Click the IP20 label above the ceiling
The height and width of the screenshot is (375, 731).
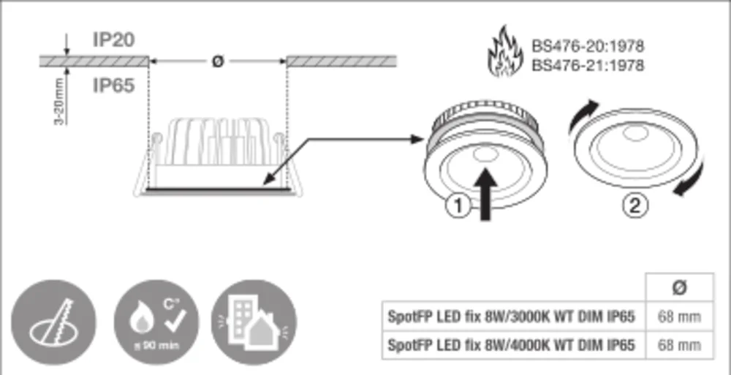coord(113,39)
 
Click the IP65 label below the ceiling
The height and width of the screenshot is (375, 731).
coord(113,86)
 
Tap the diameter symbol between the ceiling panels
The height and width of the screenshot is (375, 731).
coord(217,61)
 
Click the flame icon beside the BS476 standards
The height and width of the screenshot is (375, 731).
coord(504,53)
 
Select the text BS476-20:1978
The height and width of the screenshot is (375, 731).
coord(588,46)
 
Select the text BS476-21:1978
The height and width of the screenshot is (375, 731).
coord(588,66)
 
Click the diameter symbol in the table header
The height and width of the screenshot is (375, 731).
coord(678,287)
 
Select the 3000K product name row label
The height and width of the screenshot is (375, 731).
coord(512,317)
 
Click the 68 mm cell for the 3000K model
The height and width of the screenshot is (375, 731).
coord(678,317)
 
